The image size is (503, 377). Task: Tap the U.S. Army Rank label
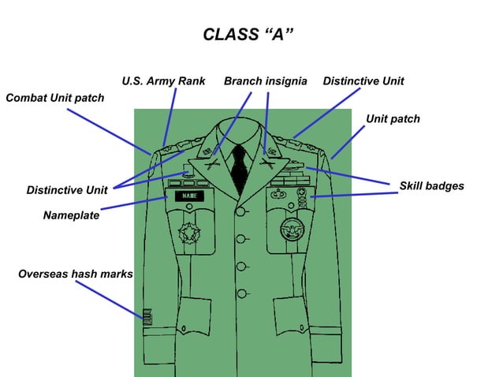point(163,81)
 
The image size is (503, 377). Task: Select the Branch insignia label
point(265,81)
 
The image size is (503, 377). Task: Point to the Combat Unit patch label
point(54,98)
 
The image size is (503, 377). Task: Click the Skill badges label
point(431,186)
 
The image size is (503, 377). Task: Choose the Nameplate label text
point(71,215)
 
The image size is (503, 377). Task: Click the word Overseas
point(43,274)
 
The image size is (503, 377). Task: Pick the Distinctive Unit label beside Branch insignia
point(363,81)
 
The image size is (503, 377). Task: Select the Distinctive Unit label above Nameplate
point(67,190)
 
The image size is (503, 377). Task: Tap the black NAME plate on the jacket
point(188,195)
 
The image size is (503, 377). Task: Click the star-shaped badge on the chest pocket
point(190,233)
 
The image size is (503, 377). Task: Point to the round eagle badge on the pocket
point(291,230)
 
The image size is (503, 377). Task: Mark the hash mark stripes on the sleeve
point(147,318)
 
